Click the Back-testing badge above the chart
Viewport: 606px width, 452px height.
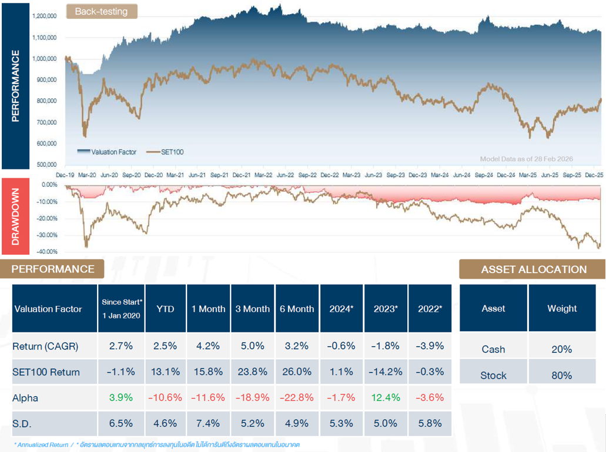point(101,11)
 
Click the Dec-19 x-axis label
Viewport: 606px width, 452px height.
point(65,175)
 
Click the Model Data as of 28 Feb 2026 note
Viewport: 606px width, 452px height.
point(526,159)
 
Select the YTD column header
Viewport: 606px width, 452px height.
point(165,308)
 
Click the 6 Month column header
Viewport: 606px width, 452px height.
point(297,308)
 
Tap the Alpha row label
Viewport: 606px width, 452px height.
point(25,398)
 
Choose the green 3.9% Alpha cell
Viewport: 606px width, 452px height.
point(122,398)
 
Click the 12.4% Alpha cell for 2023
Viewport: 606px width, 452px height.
point(386,398)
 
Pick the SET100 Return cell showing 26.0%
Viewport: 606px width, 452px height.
point(297,372)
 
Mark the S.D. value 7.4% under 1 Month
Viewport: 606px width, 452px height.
point(208,424)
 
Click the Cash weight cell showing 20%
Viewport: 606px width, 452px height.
point(562,349)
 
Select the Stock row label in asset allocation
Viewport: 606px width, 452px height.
point(493,375)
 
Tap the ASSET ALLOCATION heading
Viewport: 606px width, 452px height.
point(533,270)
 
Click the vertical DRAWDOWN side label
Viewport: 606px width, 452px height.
point(16,216)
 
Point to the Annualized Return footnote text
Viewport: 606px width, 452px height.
point(40,445)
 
